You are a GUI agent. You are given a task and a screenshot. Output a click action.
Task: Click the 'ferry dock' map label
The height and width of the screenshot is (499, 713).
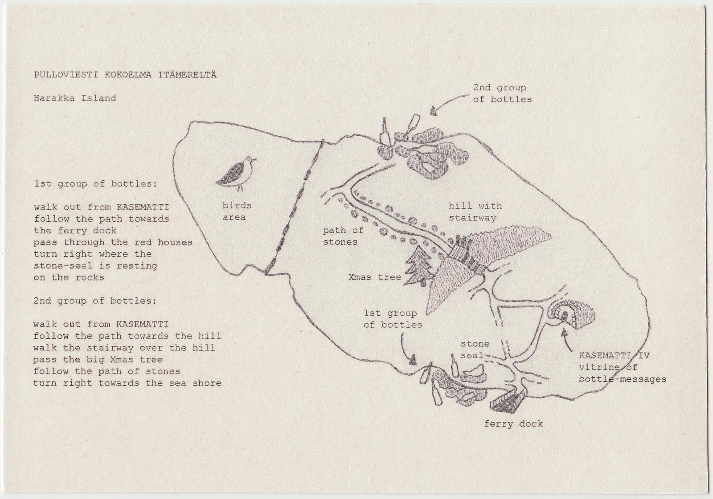[x=513, y=424]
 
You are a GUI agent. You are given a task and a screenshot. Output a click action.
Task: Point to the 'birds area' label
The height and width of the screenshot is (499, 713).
[x=237, y=211]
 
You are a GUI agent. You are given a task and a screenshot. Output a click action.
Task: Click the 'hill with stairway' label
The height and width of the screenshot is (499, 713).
[x=475, y=212]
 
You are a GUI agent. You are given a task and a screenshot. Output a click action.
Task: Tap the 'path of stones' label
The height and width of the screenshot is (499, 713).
[x=343, y=236]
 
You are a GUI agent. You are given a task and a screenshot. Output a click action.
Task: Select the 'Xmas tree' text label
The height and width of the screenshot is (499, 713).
[x=375, y=277]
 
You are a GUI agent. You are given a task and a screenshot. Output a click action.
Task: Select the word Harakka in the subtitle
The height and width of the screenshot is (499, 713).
[x=54, y=98]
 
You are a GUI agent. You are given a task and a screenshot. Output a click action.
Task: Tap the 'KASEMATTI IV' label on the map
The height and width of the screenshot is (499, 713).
[x=614, y=355]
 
